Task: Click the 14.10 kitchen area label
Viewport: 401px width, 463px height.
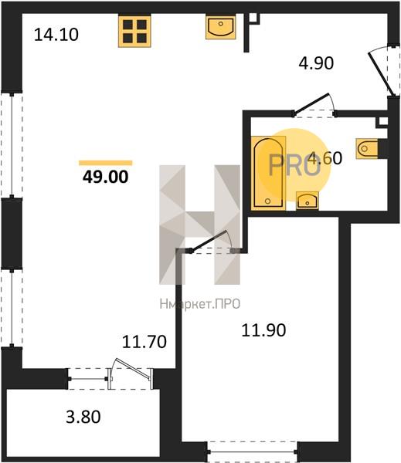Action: [x=56, y=35]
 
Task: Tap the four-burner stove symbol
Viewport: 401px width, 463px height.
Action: [x=135, y=31]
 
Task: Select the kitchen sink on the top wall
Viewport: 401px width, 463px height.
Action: [x=221, y=27]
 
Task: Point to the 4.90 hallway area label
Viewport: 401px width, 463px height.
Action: [x=316, y=63]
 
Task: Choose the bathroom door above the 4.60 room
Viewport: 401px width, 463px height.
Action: [x=314, y=104]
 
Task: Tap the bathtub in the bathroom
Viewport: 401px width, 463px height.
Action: [x=268, y=173]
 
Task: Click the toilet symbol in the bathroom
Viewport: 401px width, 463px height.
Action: [x=368, y=148]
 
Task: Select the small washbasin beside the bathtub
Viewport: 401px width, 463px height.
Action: [x=308, y=201]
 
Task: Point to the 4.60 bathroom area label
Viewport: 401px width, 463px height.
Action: [x=325, y=157]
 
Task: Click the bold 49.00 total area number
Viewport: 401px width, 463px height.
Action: [x=106, y=177]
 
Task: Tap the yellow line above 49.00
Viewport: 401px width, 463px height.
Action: [x=106, y=163]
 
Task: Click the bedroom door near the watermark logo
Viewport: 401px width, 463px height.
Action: [x=212, y=242]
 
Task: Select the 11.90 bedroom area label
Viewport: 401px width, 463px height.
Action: [x=263, y=330]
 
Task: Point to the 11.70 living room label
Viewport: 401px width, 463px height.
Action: [x=144, y=342]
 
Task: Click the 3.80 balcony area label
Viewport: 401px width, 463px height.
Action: [x=83, y=417]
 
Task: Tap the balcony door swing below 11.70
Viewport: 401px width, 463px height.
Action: [x=131, y=373]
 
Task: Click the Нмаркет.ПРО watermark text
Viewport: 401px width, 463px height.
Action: [x=200, y=304]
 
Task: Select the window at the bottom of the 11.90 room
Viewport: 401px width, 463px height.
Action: [x=252, y=451]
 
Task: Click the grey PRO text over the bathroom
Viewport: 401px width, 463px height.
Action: [x=294, y=165]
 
